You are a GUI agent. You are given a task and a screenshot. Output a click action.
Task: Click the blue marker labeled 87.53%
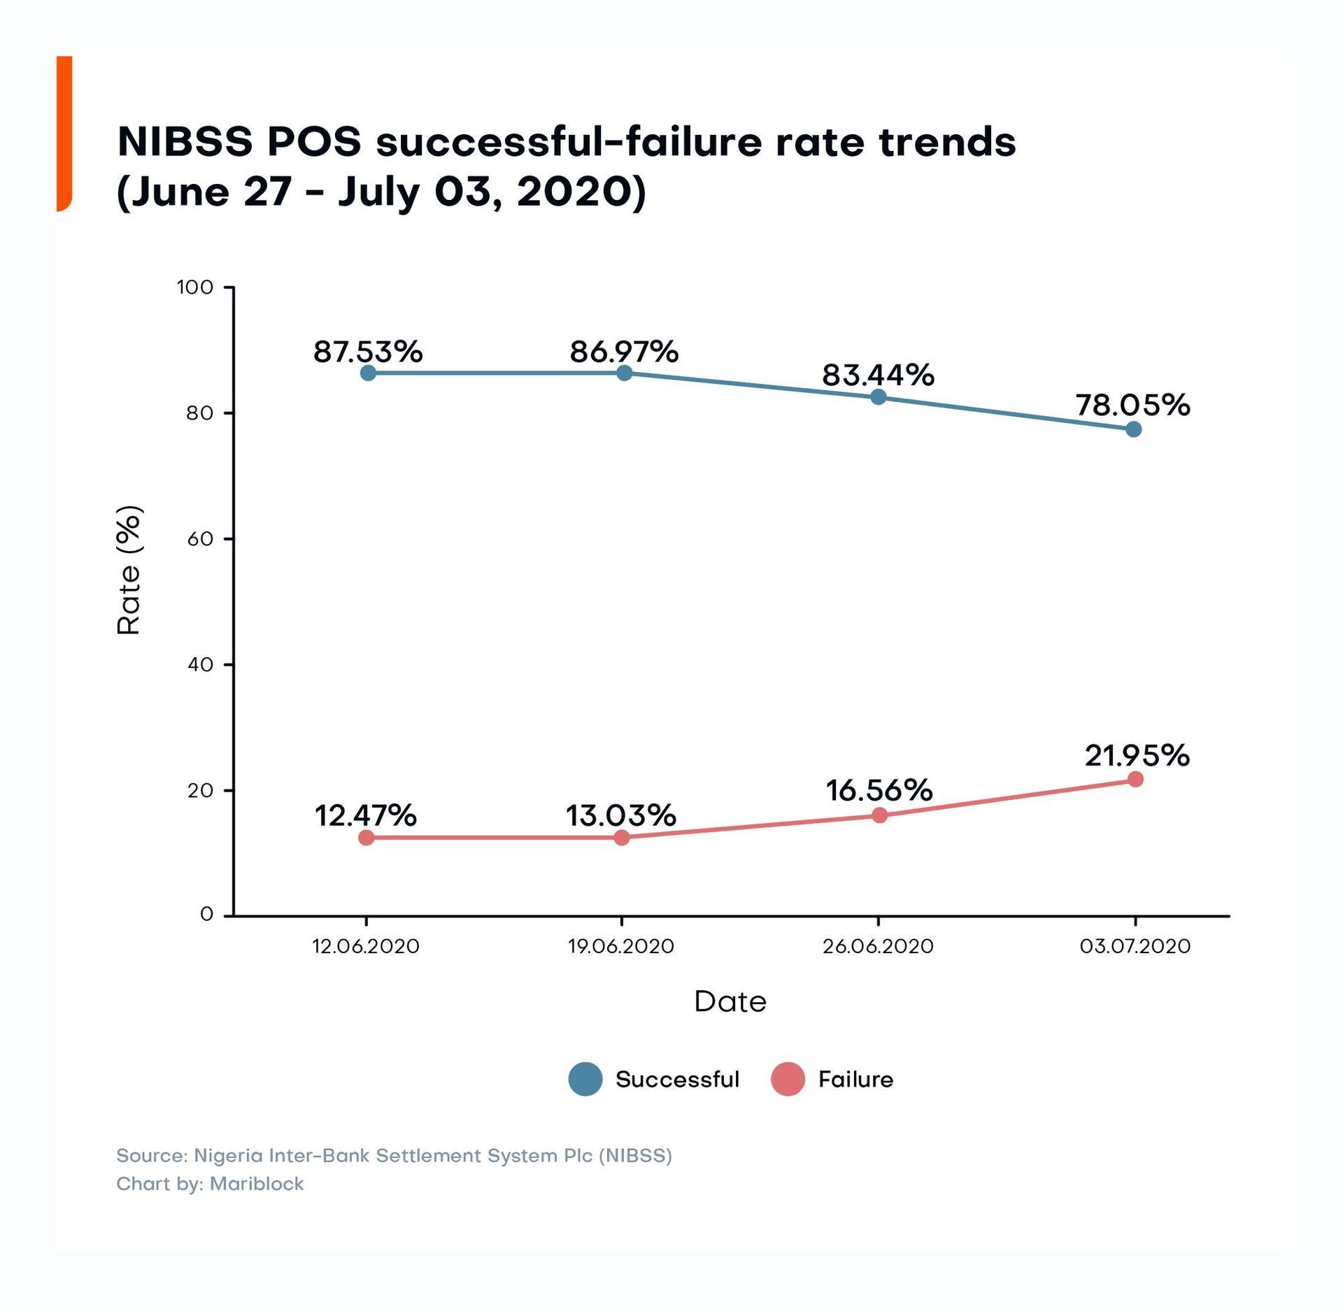pos(368,373)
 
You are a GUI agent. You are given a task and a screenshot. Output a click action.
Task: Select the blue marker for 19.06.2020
pos(624,373)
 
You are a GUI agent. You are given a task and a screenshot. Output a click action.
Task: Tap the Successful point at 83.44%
pos(879,397)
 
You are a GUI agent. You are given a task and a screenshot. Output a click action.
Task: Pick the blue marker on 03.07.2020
pos(1134,429)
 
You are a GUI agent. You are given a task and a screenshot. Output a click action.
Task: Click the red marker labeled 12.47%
pos(367,837)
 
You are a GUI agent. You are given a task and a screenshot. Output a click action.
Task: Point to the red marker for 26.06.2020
pos(880,815)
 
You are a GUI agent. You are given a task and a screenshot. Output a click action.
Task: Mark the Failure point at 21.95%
pos(1135,779)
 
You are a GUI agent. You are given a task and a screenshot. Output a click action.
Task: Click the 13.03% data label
pos(620,815)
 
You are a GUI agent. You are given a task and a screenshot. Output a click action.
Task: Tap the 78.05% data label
pos(1132,405)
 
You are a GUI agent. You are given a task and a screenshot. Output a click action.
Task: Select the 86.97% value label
pos(624,352)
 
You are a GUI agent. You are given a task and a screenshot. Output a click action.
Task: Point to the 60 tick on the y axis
pos(200,538)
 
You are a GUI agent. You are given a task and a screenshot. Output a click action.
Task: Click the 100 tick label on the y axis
pos(195,287)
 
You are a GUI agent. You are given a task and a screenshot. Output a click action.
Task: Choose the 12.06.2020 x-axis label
pos(365,946)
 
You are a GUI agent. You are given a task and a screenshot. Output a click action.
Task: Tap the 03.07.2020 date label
pos(1135,946)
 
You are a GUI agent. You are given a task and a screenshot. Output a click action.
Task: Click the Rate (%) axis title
pos(129,570)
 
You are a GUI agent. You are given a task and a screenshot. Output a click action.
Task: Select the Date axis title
pos(730,1002)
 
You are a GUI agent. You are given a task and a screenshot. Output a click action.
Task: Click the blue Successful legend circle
pos(585,1079)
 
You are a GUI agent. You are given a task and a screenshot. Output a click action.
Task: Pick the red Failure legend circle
pos(788,1079)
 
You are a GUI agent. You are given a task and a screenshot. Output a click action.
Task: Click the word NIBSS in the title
pos(185,142)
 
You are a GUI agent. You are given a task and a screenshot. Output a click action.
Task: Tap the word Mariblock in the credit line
pos(256,1184)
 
